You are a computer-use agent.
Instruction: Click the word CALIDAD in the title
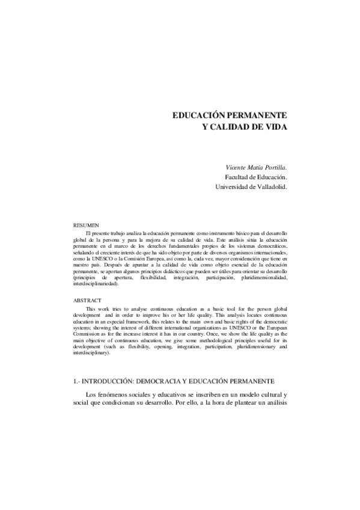coord(236,127)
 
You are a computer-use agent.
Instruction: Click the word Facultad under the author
coord(237,177)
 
